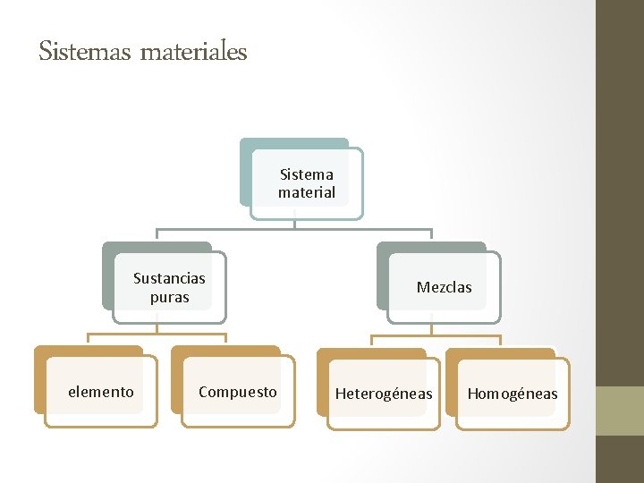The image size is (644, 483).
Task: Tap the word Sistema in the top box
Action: click(x=307, y=174)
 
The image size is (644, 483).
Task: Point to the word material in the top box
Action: click(x=307, y=192)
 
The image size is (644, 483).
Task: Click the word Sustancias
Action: click(x=169, y=278)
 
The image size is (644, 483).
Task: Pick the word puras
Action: click(x=170, y=297)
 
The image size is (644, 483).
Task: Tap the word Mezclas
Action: click(x=444, y=287)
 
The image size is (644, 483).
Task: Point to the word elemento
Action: click(x=101, y=392)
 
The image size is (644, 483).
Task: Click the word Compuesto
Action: click(x=238, y=392)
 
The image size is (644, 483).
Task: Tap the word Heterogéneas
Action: click(x=384, y=394)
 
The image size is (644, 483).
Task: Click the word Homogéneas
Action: click(x=513, y=394)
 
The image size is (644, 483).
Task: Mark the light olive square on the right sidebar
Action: click(x=620, y=411)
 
